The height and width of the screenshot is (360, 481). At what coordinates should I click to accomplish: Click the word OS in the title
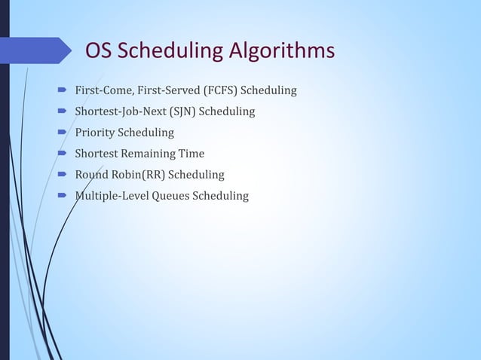[x=98, y=51]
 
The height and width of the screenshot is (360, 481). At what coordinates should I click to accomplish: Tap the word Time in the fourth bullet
[x=191, y=154]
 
